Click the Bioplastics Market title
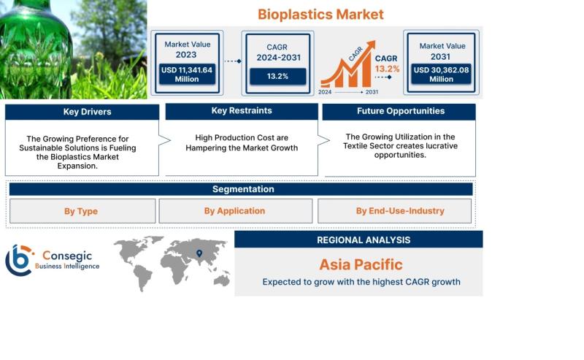point(320,15)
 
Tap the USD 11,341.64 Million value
point(187,74)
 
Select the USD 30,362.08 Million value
point(441,74)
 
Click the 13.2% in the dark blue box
point(277,77)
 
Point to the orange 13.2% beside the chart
point(387,69)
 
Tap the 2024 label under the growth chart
point(325,92)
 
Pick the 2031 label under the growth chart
point(372,92)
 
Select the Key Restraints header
point(242,111)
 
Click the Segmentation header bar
point(241,189)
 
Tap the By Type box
point(82,211)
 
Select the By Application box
point(235,211)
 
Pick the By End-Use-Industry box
point(394,211)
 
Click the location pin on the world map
point(199,253)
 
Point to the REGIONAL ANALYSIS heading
point(364,240)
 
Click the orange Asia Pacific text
point(361,264)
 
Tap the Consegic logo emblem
point(19,260)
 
